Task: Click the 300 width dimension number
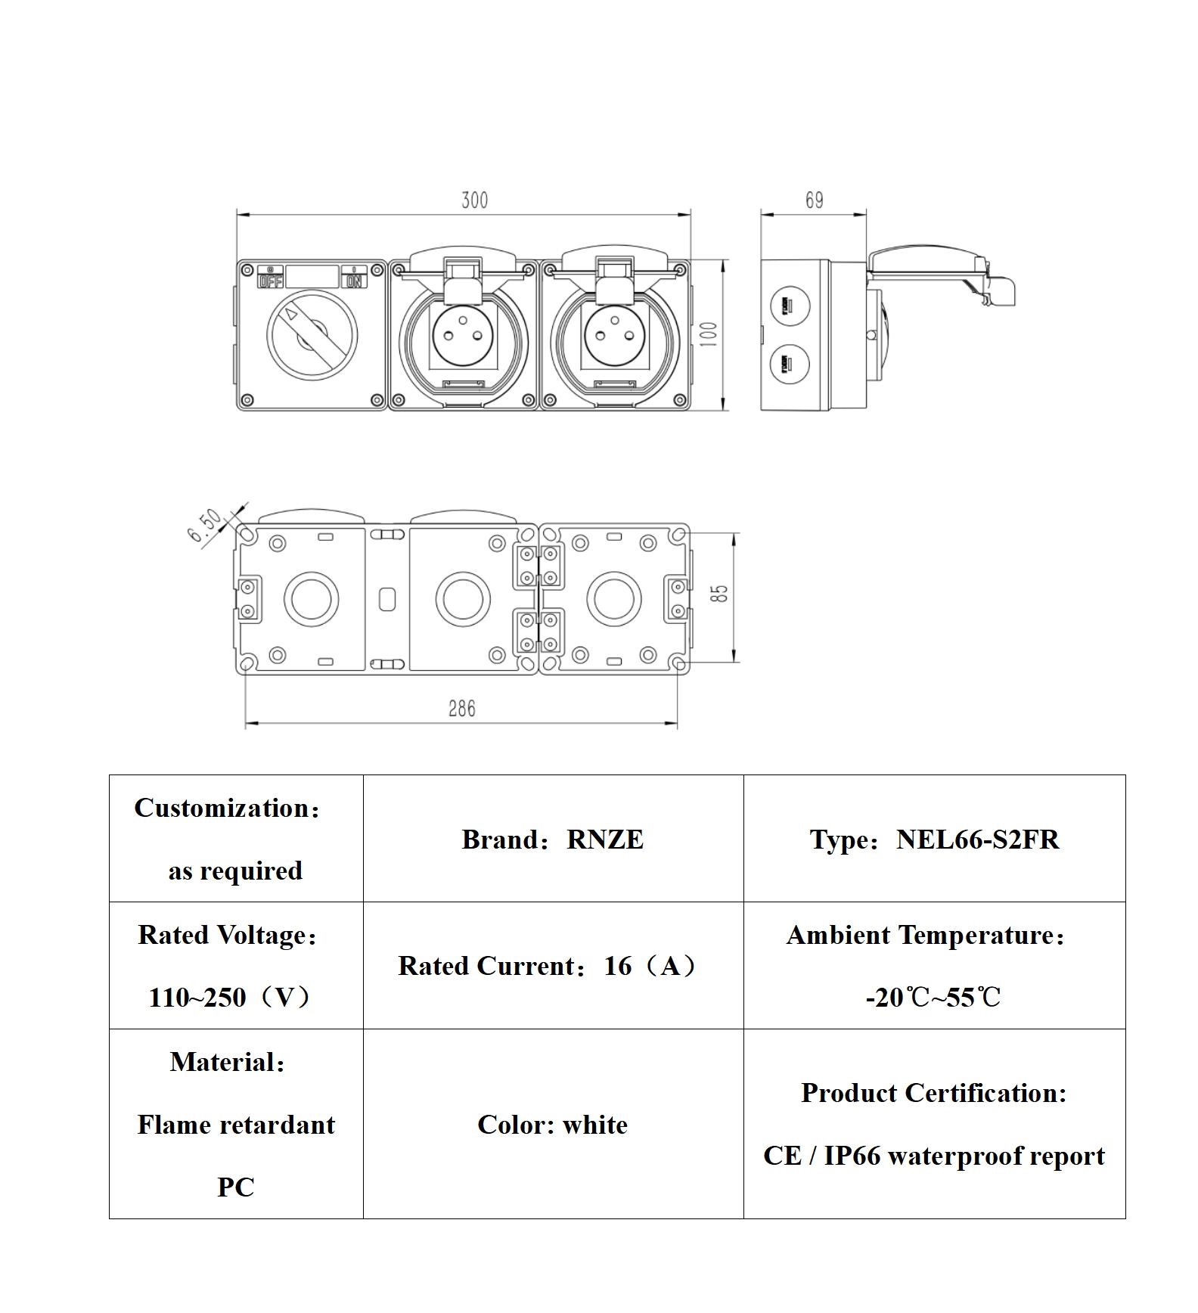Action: [x=474, y=200]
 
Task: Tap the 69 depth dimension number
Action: [x=814, y=200]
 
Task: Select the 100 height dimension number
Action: [x=709, y=334]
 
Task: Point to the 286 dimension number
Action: [x=461, y=709]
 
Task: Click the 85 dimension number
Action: [x=721, y=593]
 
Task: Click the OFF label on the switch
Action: [x=270, y=281]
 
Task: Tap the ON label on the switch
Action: [x=354, y=281]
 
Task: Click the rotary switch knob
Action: [x=312, y=334]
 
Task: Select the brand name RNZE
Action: [x=605, y=840]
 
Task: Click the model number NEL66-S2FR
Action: [x=977, y=840]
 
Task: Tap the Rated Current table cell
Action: [x=552, y=966]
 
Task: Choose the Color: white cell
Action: [x=552, y=1125]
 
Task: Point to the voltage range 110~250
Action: [x=197, y=998]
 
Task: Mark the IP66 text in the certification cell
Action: [x=852, y=1156]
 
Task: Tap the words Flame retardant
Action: [x=236, y=1125]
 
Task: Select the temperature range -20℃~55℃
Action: [x=933, y=998]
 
